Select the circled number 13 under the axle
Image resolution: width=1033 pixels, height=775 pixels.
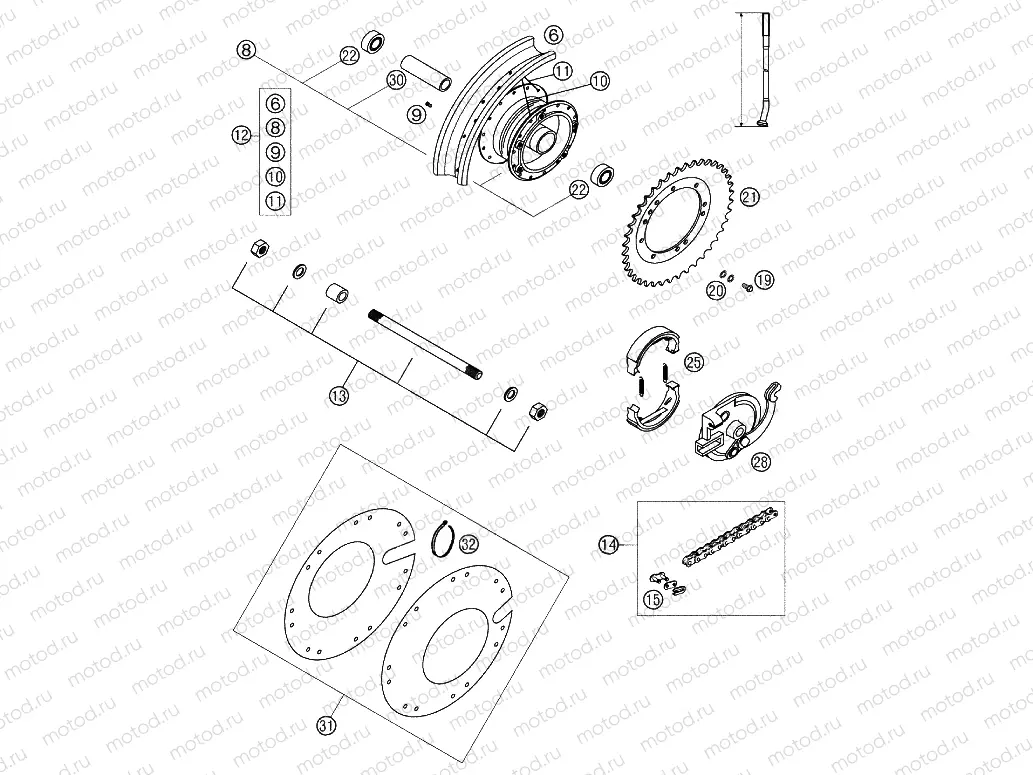click(x=340, y=395)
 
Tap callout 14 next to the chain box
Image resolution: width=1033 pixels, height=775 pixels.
click(x=608, y=544)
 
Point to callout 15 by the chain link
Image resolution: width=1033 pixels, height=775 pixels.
click(x=652, y=600)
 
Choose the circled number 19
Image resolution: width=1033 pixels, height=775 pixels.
click(x=764, y=279)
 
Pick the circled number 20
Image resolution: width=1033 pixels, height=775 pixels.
click(x=715, y=289)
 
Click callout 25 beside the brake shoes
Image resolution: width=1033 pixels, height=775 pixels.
click(x=694, y=362)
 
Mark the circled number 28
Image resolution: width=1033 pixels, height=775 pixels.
click(x=762, y=462)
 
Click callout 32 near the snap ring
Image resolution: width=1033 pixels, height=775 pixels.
click(x=468, y=544)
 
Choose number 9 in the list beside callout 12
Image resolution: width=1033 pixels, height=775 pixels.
click(x=276, y=152)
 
